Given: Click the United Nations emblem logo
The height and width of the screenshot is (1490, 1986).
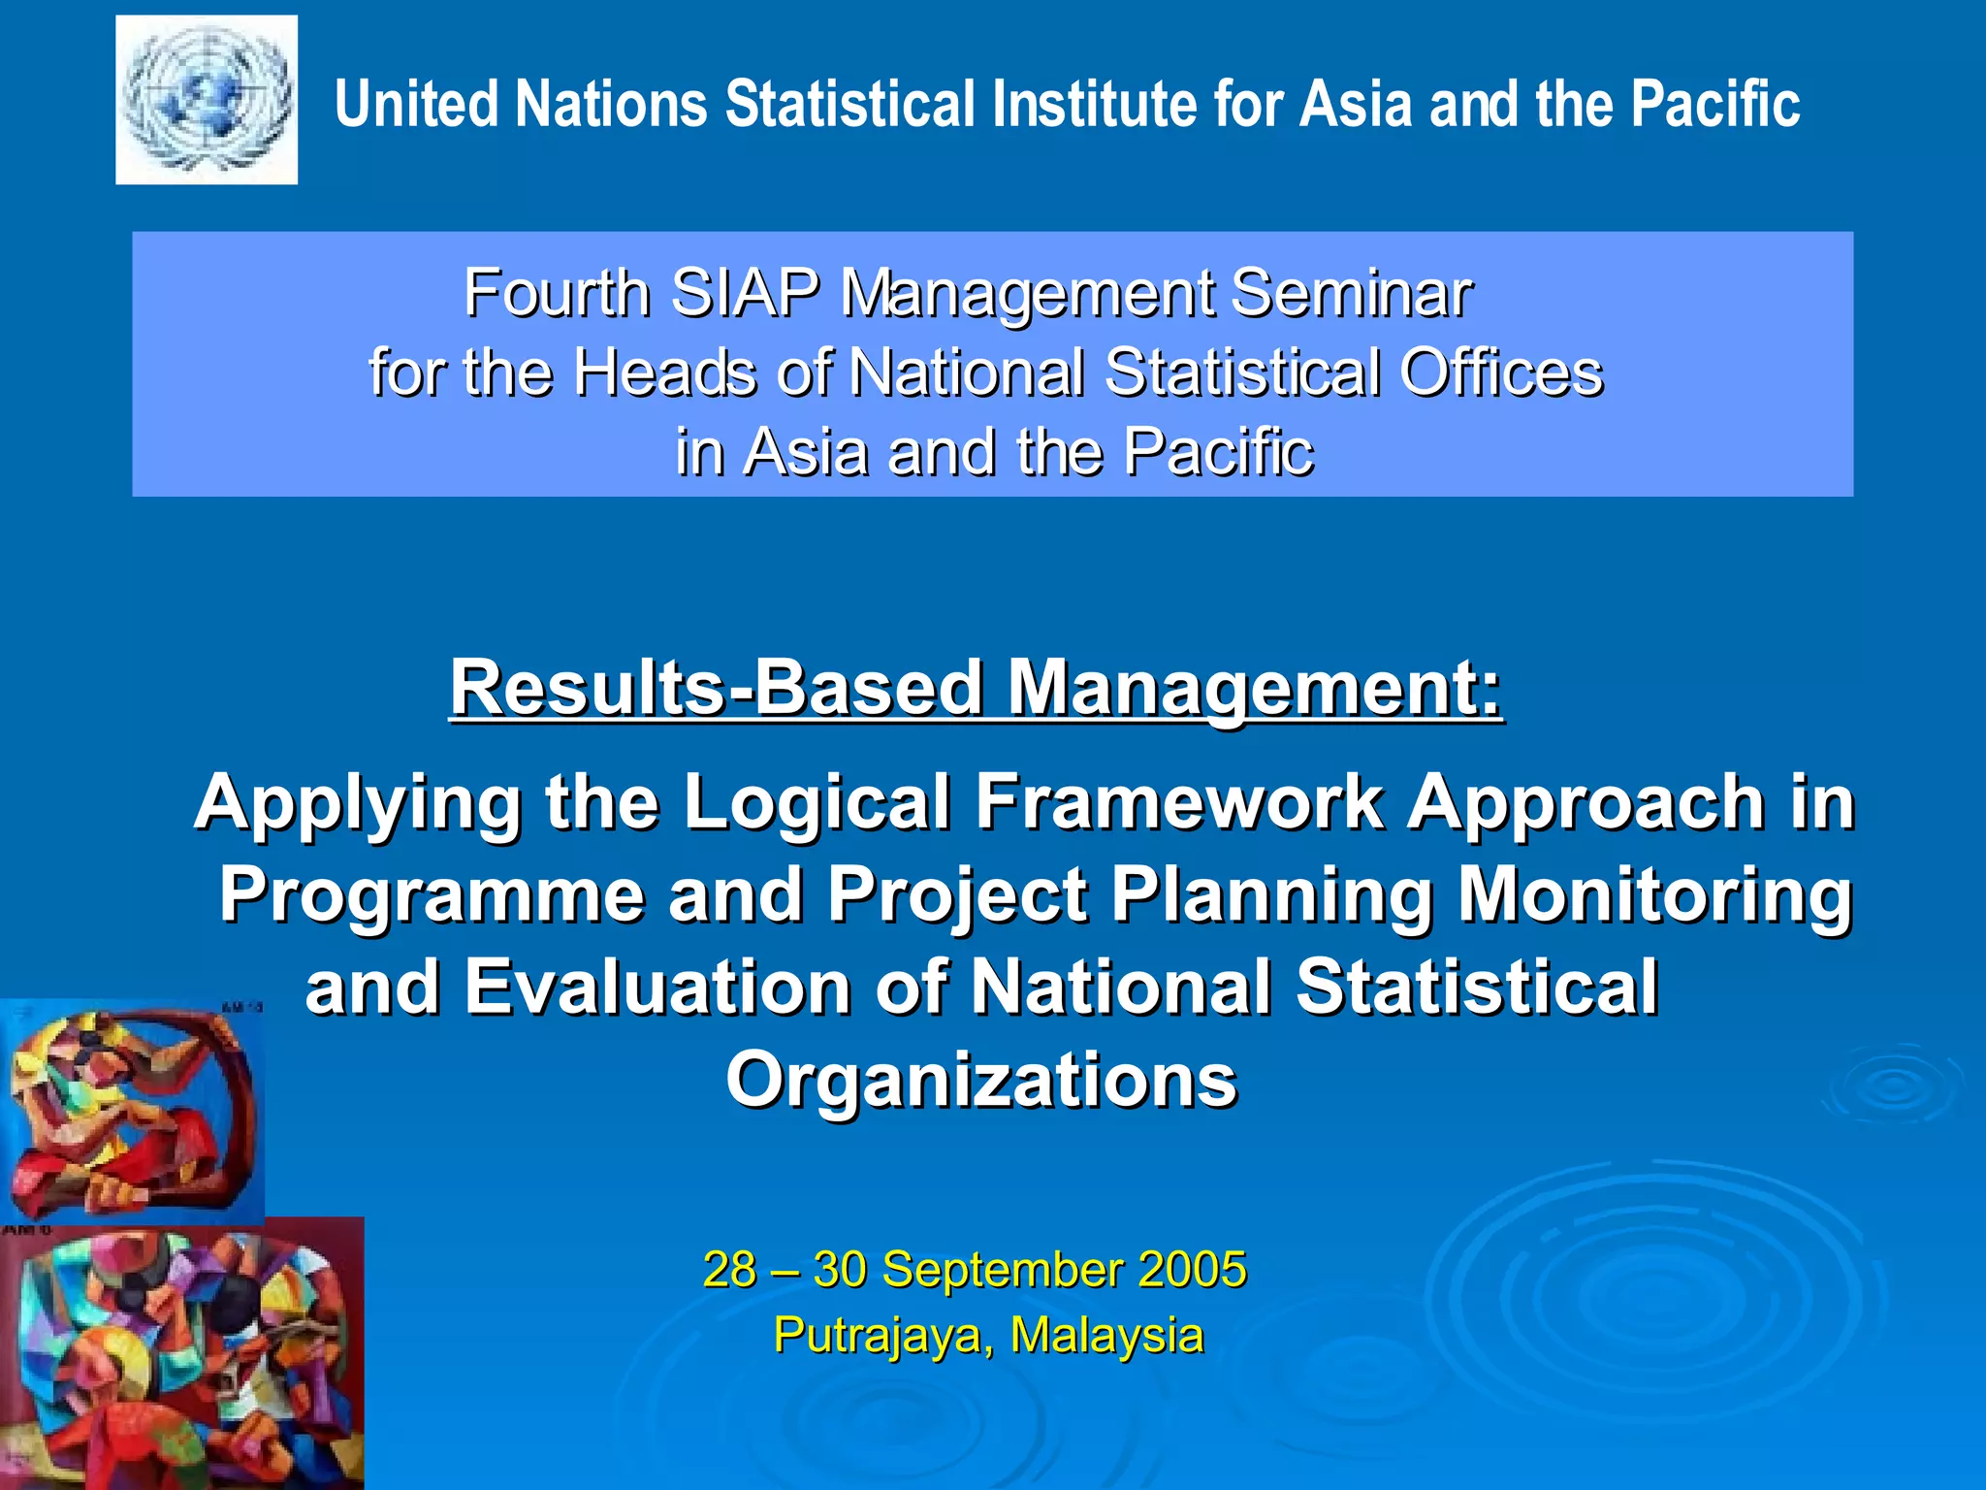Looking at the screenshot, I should [207, 100].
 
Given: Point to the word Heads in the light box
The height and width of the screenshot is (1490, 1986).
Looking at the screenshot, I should [663, 372].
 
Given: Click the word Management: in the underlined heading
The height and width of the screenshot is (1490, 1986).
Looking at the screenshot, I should [1255, 688].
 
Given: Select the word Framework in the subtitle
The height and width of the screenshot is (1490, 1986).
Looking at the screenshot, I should [1179, 802].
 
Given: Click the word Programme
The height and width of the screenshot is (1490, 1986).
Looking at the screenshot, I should [432, 894].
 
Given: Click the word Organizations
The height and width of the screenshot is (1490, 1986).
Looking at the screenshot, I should [981, 1079].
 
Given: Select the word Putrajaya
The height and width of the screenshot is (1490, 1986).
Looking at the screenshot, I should [879, 1335].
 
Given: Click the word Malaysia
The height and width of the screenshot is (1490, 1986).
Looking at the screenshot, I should [1106, 1335].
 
